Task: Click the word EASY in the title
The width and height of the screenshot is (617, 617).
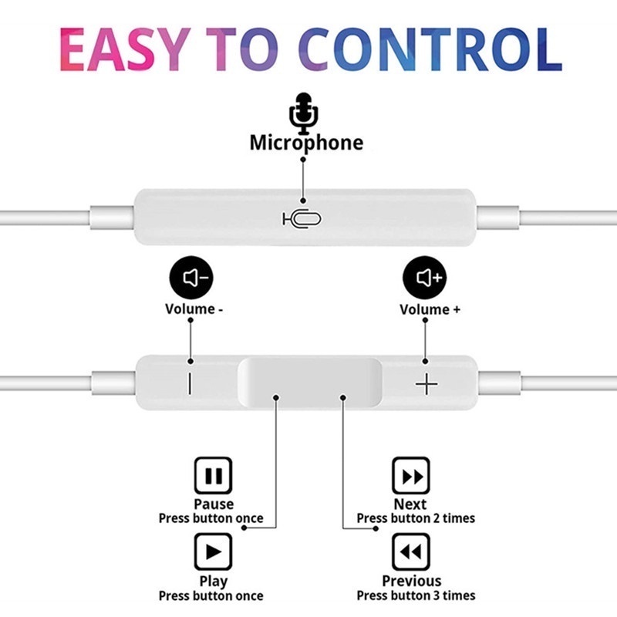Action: coord(123,49)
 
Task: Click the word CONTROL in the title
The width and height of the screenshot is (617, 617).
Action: coord(430,49)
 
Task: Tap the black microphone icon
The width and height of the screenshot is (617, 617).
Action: coord(303,113)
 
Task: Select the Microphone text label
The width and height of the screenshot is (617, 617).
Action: coord(306,143)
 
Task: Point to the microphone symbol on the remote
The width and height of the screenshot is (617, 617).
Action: coord(302,219)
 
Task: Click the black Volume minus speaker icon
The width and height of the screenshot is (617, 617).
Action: coord(191,278)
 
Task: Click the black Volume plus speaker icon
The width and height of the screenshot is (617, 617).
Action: coord(425,278)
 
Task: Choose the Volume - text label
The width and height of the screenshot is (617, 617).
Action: coord(194,309)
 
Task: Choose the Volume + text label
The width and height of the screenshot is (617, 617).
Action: coord(430,309)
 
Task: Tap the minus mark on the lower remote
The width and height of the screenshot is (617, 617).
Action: coord(190,383)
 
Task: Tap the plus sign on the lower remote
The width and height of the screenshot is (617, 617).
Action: coord(427,383)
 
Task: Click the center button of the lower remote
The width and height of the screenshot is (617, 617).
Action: coord(310,382)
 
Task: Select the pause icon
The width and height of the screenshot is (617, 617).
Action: coord(214,475)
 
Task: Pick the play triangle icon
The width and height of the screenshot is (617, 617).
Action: coord(214,551)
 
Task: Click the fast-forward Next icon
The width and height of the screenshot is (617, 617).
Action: coord(411,475)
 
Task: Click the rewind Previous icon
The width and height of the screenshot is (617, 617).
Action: coord(411,551)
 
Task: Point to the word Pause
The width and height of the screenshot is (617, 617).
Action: coord(214,504)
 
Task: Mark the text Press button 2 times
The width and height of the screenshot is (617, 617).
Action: coord(416,518)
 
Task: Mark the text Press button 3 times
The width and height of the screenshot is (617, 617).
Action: coord(416,595)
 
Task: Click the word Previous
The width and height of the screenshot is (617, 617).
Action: coord(412,581)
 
